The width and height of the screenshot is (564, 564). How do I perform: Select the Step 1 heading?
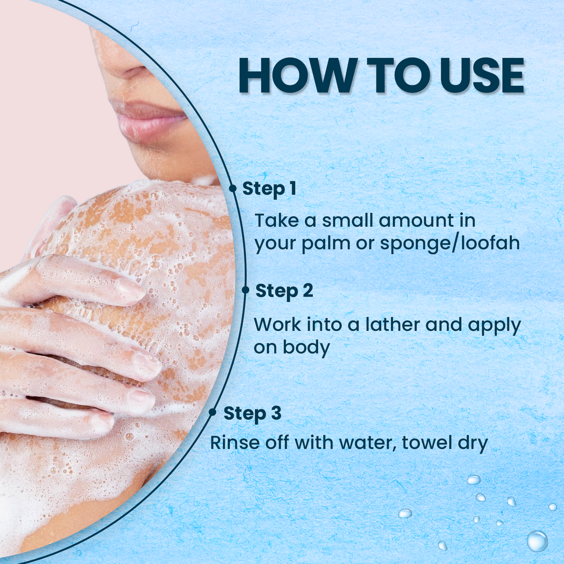[x=269, y=188]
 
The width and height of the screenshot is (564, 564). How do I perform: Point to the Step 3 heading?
[x=252, y=413]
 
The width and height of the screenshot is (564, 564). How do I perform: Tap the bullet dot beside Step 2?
[x=245, y=290]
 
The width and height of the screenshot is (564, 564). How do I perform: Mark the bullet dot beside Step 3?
[x=212, y=412]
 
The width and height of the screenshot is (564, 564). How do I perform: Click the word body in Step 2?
[x=306, y=348]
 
